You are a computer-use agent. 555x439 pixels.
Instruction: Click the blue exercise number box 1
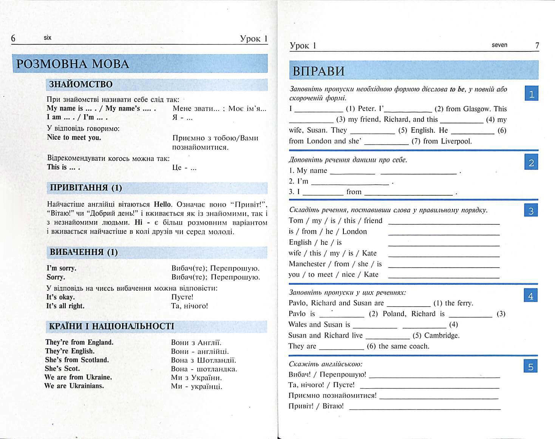coord(531,93)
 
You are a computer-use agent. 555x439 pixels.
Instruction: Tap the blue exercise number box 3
coord(531,210)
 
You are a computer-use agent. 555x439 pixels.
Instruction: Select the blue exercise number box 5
coord(530,366)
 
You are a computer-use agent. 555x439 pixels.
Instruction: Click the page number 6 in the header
coord(14,38)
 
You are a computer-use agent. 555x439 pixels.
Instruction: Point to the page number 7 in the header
coord(537,46)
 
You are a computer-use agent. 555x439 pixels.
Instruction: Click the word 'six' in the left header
coord(48,38)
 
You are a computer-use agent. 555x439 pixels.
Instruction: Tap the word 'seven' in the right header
coord(499,45)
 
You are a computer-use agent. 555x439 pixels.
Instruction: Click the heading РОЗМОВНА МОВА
coord(73,64)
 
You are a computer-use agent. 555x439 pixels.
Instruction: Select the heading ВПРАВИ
coord(318,71)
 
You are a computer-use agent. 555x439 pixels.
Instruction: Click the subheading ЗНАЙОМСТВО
coord(81,84)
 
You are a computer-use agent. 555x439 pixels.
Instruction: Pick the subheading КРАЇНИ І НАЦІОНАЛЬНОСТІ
coord(112,326)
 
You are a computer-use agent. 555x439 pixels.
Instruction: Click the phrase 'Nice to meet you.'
coord(74,138)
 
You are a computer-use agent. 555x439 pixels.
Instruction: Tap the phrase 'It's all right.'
coord(65,306)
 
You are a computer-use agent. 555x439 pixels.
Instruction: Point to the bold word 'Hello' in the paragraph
coord(162,204)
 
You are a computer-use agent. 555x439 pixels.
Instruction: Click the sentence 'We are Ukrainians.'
coord(74,386)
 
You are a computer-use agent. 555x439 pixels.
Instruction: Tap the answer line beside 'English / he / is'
coord(444,245)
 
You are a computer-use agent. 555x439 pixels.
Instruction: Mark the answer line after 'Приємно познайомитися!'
coord(439,398)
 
